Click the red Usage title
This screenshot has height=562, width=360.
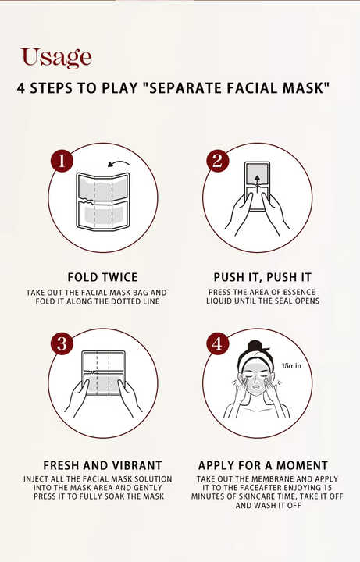pos(56,57)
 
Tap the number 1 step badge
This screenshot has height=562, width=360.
pos(62,161)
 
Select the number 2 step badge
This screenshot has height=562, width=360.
pos(218,160)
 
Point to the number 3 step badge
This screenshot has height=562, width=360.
pos(62,343)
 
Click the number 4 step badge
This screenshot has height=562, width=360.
pos(218,343)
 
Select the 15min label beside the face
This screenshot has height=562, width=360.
pos(291,366)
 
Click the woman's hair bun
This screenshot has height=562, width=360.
pos(255,346)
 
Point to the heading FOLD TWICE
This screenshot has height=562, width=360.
pos(102,277)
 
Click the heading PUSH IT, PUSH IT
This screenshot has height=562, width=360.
pos(262,277)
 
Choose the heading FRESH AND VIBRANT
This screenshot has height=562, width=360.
pos(102,465)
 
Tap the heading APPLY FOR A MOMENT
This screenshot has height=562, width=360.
pos(263,465)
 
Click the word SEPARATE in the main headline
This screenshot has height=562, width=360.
pos(182,88)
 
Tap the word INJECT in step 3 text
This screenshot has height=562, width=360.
pos(36,478)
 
